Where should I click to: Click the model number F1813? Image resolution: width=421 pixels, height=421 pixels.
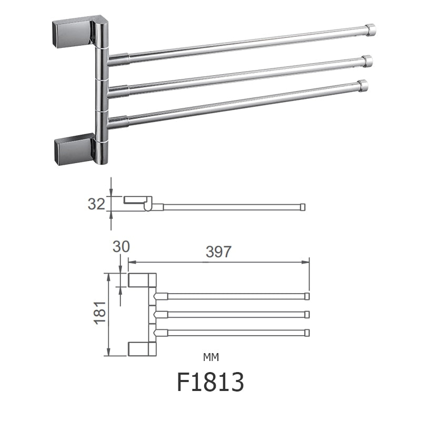(210, 382)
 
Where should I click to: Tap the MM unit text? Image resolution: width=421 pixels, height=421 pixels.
(210, 357)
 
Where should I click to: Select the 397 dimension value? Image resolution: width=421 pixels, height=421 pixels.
(218, 252)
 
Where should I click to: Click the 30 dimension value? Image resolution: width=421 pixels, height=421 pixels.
(121, 246)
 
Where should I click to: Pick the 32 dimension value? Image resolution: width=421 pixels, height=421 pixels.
(96, 204)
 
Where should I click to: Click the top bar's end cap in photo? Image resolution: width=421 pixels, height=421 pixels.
(371, 29)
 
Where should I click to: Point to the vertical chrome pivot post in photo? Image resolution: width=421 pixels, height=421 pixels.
(102, 95)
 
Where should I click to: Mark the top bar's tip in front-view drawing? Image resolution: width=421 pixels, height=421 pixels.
(307, 296)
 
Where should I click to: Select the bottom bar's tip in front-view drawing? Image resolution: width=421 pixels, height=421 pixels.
(307, 333)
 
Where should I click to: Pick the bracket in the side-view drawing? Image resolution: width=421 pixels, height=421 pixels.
(138, 201)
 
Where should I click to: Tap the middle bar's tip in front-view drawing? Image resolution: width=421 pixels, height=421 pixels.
(307, 314)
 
